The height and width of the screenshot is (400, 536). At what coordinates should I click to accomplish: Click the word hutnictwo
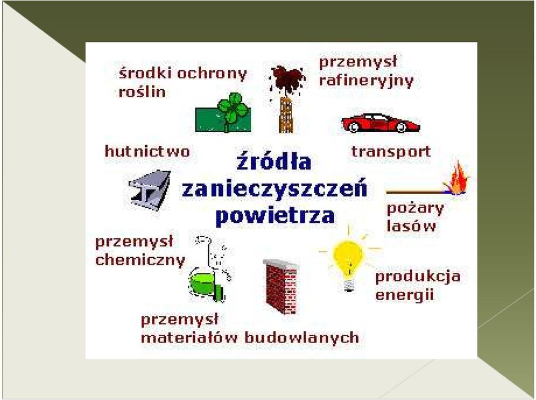tap(147, 151)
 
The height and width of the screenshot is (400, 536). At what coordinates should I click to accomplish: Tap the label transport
tap(391, 152)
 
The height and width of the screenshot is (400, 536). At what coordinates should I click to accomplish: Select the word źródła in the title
tap(274, 161)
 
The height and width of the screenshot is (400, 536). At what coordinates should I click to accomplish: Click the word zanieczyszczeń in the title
tap(275, 188)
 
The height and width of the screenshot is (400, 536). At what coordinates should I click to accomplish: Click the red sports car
tap(381, 123)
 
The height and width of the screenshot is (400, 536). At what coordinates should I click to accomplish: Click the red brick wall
tap(281, 286)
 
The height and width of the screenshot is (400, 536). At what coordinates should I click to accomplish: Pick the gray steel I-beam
tap(150, 190)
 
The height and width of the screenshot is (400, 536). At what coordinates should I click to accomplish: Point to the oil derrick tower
tap(286, 115)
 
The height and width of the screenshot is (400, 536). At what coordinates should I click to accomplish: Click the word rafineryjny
tap(366, 81)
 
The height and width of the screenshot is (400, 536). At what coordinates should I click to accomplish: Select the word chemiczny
tap(140, 261)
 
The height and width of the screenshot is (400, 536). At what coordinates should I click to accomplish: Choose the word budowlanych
tap(302, 338)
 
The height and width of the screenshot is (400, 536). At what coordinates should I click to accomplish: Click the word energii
tap(404, 295)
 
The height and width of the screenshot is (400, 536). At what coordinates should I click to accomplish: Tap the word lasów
tap(411, 226)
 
